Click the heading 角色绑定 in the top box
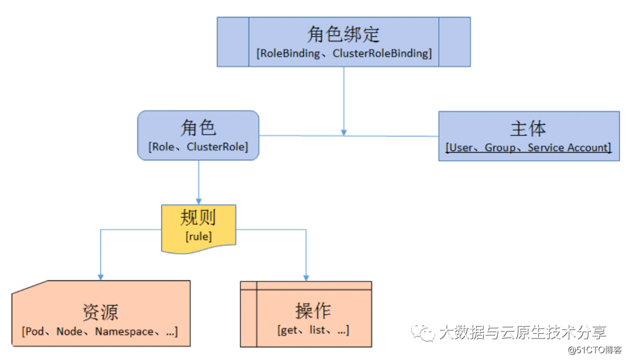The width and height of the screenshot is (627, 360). click(x=344, y=34)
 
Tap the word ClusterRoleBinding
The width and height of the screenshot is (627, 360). click(x=380, y=53)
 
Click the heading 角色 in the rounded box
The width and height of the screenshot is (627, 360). click(x=198, y=128)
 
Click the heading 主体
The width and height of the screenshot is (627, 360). click(x=528, y=128)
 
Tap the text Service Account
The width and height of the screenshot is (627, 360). click(x=567, y=147)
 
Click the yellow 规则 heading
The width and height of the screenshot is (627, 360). click(x=198, y=218)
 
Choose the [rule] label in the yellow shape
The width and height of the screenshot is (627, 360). click(x=199, y=236)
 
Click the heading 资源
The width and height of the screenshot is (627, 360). click(x=100, y=312)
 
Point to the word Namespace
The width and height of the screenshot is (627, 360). click(x=124, y=332)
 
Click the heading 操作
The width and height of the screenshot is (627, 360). click(x=313, y=311)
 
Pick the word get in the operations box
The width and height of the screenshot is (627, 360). click(x=289, y=330)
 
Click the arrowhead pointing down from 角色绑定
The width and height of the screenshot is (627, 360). click(x=344, y=132)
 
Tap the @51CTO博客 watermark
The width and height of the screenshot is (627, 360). click(x=594, y=350)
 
